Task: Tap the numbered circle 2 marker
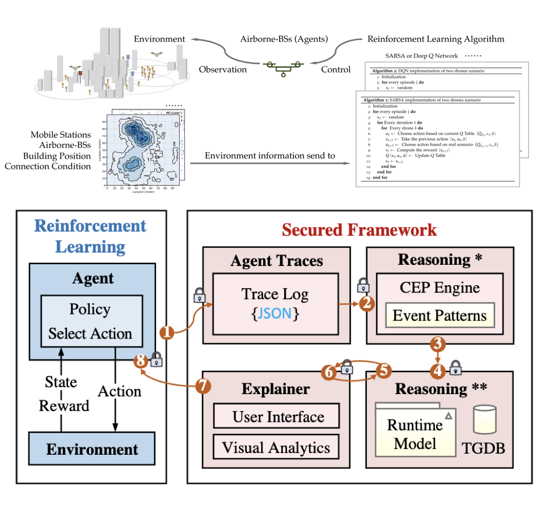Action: pyautogui.click(x=366, y=304)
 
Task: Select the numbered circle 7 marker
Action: pyautogui.click(x=203, y=386)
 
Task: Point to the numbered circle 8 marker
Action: pyautogui.click(x=138, y=361)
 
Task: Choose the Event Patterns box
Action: pyautogui.click(x=439, y=315)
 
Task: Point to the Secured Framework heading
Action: pyautogui.click(x=359, y=230)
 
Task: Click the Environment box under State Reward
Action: pyautogui.click(x=92, y=450)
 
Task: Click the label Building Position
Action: pyautogui.click(x=57, y=155)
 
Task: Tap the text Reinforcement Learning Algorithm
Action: pyautogui.click(x=436, y=39)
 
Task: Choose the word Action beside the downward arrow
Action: pyautogui.click(x=119, y=391)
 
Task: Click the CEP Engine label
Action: pyautogui.click(x=439, y=287)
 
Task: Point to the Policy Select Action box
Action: pyautogui.click(x=91, y=321)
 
